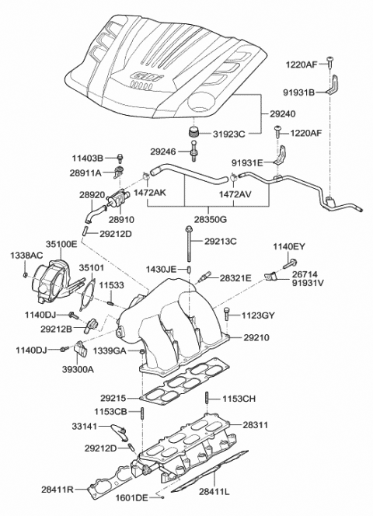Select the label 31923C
(229, 134)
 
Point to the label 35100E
(61, 243)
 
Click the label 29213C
(221, 242)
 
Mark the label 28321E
(235, 277)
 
